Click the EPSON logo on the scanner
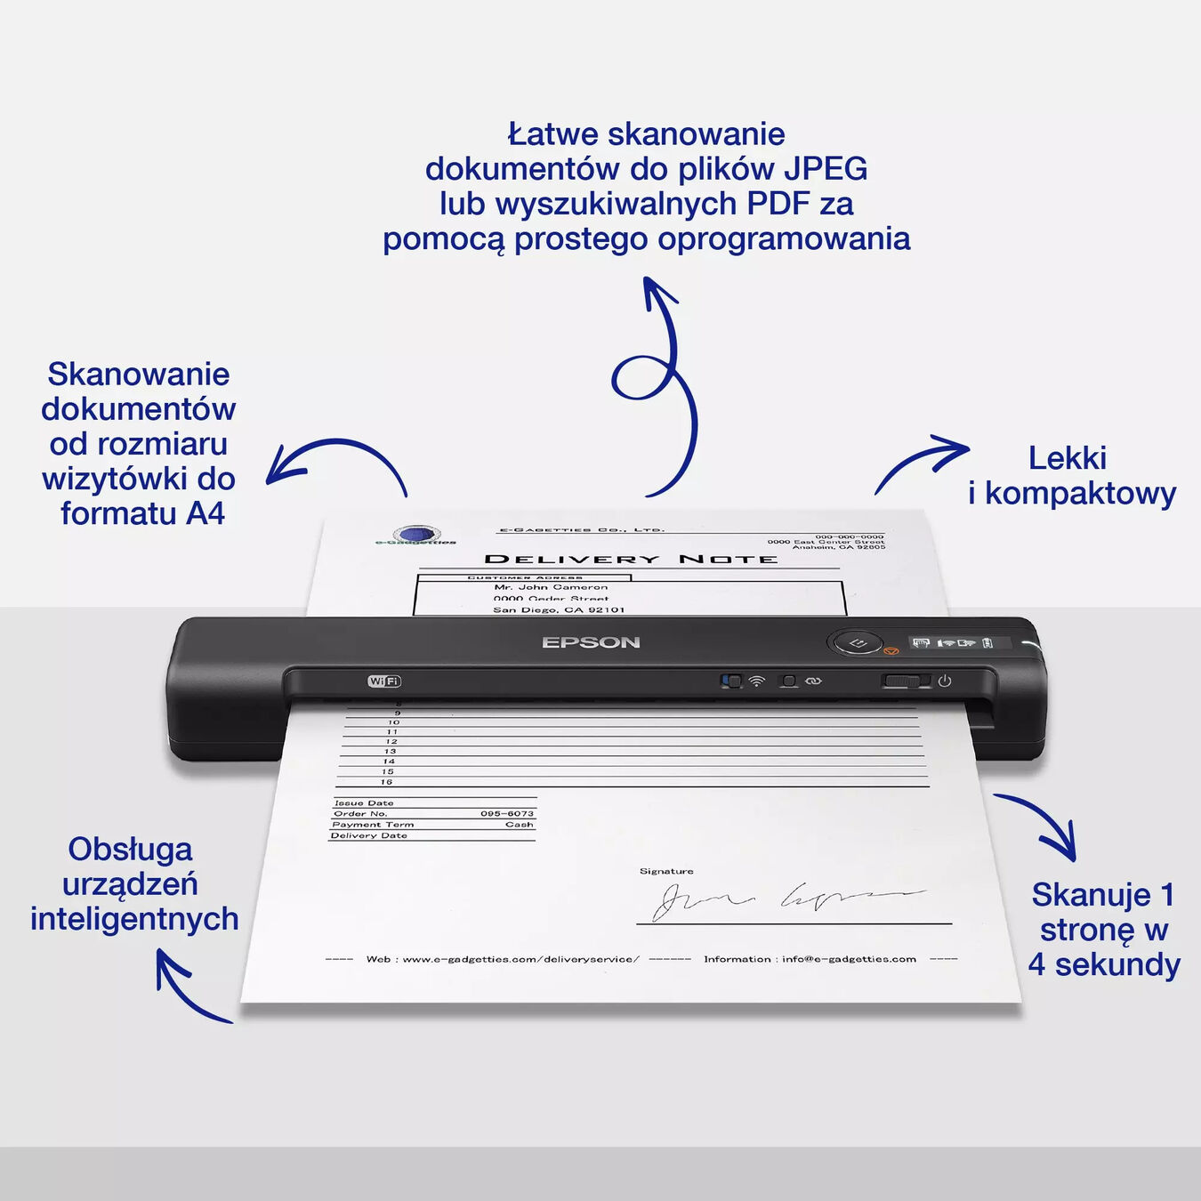pyautogui.click(x=591, y=642)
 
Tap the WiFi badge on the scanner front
pyautogui.click(x=384, y=681)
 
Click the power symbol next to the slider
pyautogui.click(x=945, y=681)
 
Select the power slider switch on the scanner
pyautogui.click(x=906, y=681)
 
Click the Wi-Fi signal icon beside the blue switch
pyautogui.click(x=756, y=681)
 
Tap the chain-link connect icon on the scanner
pyautogui.click(x=813, y=681)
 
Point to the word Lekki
pyautogui.click(x=1068, y=458)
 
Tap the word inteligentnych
pyautogui.click(x=134, y=919)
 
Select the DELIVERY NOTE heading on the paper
pyautogui.click(x=631, y=560)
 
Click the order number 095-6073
pyautogui.click(x=507, y=814)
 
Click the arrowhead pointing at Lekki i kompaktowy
pyautogui.click(x=956, y=447)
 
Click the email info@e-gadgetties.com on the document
pyautogui.click(x=849, y=959)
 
